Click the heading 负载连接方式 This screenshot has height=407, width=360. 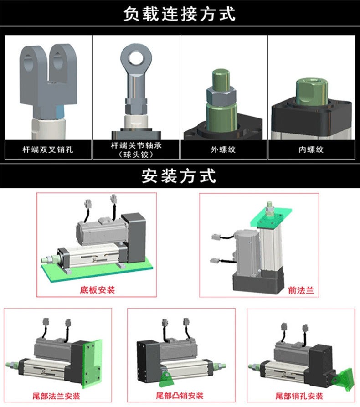pyautogui.click(x=180, y=14)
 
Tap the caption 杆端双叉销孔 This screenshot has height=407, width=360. pyautogui.click(x=48, y=149)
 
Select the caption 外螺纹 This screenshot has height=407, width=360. pyautogui.click(x=223, y=149)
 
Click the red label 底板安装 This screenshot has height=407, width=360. pyautogui.click(x=98, y=289)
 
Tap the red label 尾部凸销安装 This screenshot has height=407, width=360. pyautogui.click(x=180, y=395)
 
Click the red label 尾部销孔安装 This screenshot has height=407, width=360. pyautogui.click(x=299, y=395)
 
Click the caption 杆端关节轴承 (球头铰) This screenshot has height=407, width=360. pyautogui.click(x=136, y=149)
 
